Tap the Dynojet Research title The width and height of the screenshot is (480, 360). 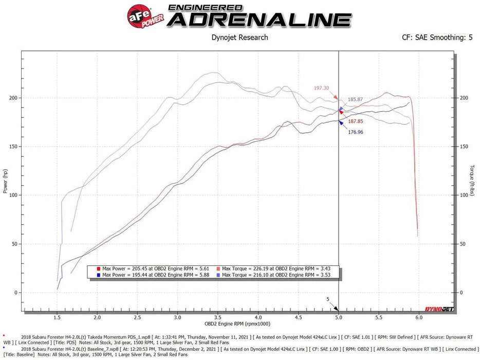click(239, 38)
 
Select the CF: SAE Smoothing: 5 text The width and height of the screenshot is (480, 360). click(437, 38)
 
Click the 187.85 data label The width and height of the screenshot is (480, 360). click(359, 121)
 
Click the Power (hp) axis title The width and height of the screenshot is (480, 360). click(5, 182)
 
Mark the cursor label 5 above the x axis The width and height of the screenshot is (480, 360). click(327, 299)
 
